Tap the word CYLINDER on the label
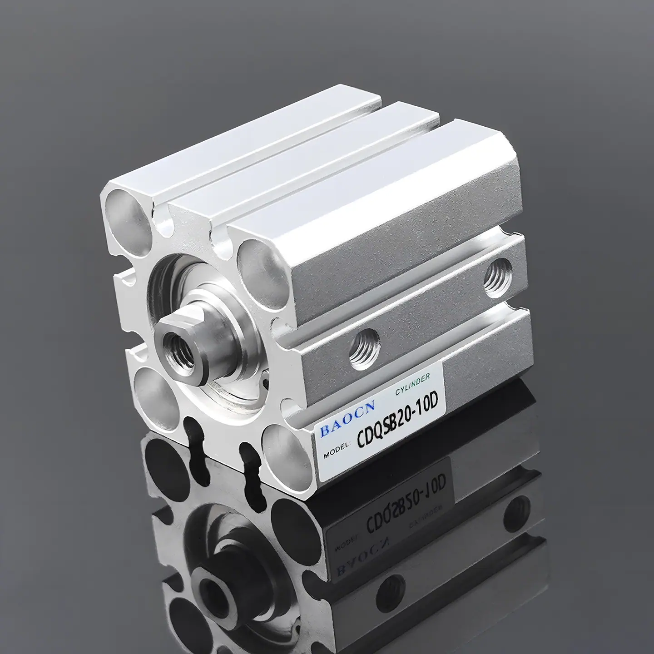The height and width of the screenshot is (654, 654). pyautogui.click(x=413, y=386)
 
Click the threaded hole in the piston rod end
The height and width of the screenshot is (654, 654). pyautogui.click(x=178, y=351)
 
